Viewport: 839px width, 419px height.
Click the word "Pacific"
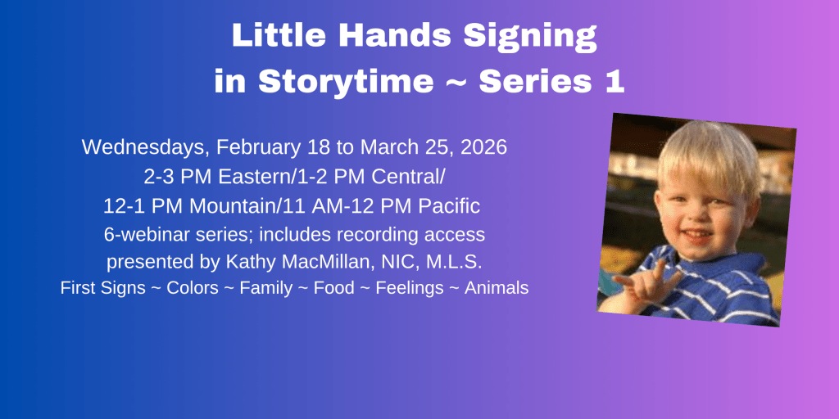coord(450,205)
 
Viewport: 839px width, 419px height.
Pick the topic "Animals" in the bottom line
coord(496,289)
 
